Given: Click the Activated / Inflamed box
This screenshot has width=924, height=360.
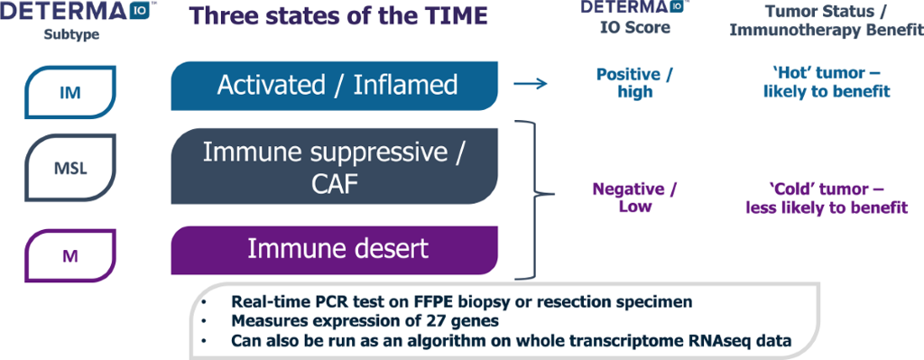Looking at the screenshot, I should coord(336,86).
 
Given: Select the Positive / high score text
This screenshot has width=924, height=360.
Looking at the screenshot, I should coord(635,82).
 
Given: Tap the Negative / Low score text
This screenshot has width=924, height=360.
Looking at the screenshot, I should coord(634,198).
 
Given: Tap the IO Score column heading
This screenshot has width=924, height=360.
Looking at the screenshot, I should coord(636,28).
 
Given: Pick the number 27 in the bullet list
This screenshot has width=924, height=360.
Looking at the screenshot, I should coord(392,321).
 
